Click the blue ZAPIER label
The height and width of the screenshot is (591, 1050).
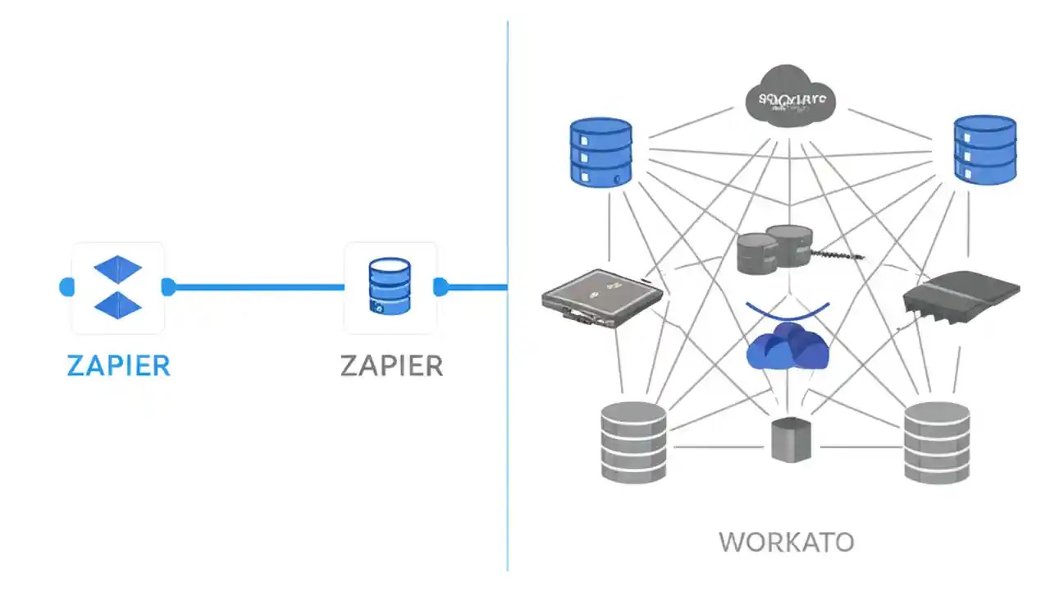pos(118,365)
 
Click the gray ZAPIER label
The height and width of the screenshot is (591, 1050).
pos(391,365)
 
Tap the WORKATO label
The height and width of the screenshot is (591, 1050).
pos(786,542)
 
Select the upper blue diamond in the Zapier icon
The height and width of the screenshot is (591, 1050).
pos(118,268)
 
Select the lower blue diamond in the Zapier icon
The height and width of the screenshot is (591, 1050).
pos(118,305)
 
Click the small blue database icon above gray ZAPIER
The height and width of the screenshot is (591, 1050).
pos(390,286)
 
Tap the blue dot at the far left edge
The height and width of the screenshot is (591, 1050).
pos(66,287)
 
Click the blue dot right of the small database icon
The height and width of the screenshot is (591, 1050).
pos(441,287)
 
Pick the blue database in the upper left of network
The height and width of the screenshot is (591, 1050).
pos(600,151)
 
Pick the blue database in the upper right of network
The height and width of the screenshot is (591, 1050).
pos(984,149)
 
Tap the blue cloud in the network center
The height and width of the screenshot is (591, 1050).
pos(787,346)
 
